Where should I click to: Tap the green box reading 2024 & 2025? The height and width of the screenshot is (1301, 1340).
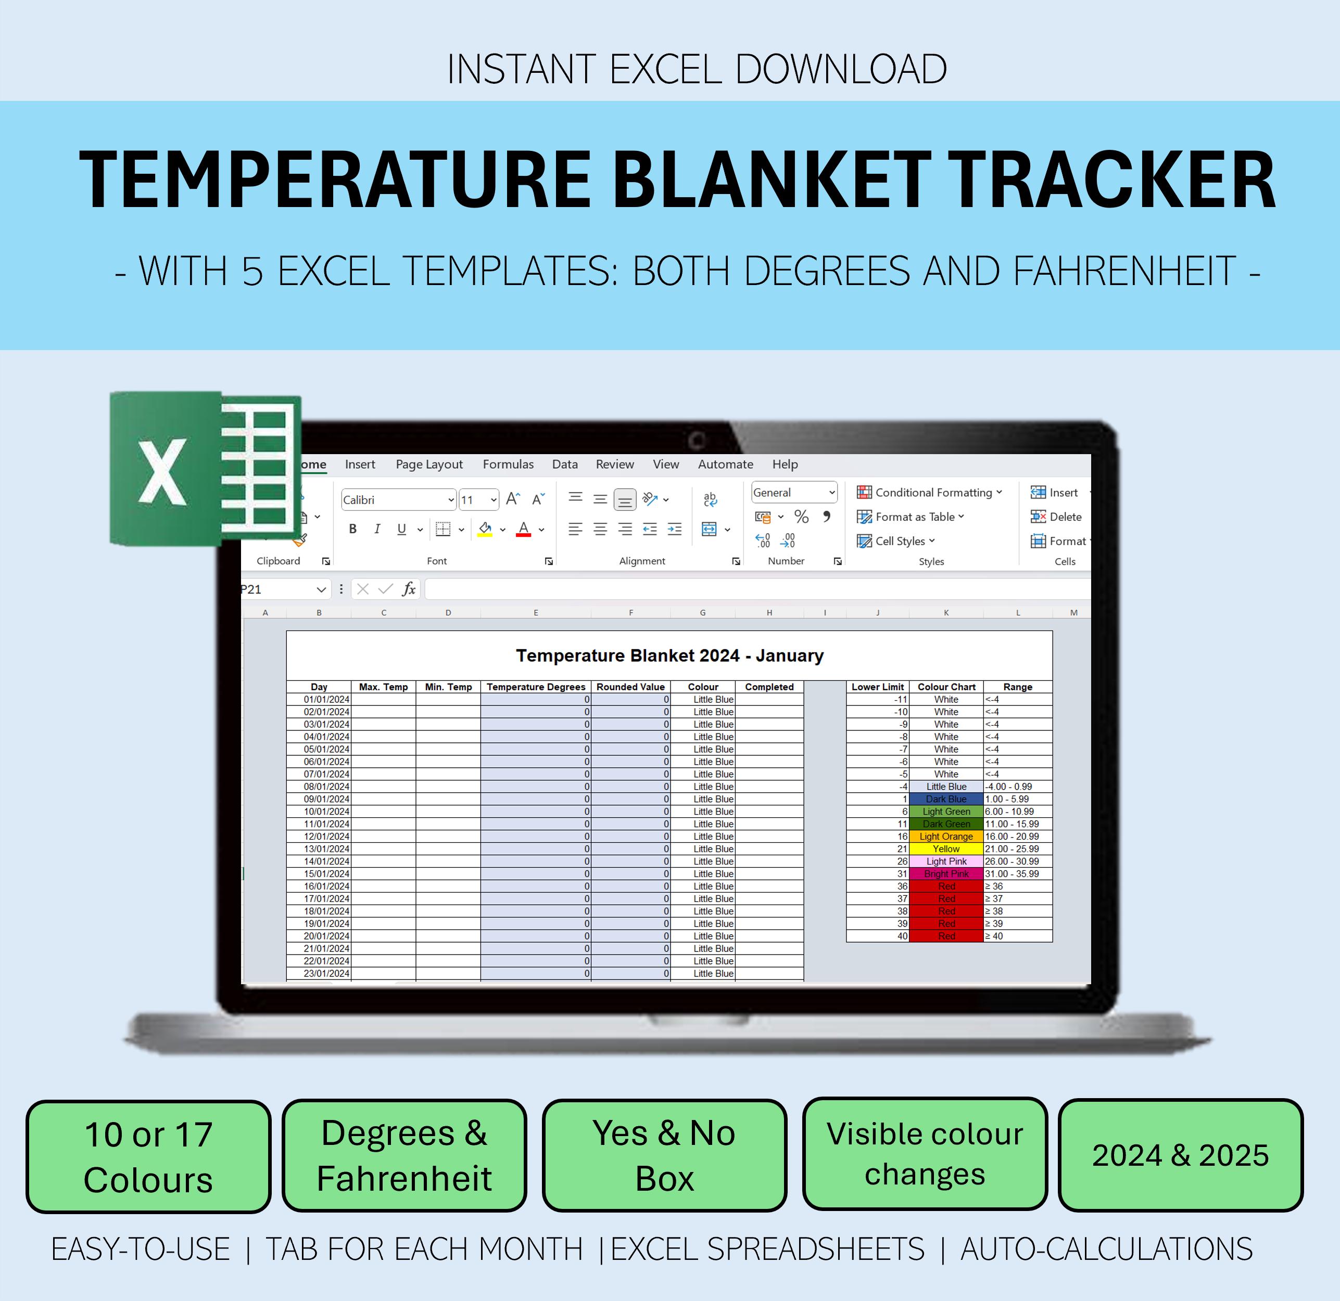coord(1180,1155)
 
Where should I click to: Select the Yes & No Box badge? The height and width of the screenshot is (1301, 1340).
coord(664,1155)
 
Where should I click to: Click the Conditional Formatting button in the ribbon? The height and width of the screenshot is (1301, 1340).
coord(930,493)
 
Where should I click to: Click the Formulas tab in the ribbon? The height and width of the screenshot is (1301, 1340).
coord(508,465)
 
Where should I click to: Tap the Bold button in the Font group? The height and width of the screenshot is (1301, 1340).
coord(353,529)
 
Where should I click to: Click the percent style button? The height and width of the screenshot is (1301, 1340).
coord(801,517)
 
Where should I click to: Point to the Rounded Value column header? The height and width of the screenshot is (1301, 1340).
coord(630,687)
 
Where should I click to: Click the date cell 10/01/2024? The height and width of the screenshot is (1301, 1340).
coord(327,811)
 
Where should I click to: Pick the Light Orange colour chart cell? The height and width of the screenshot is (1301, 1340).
coord(946,836)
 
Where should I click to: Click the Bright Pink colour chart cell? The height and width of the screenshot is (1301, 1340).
coord(946,874)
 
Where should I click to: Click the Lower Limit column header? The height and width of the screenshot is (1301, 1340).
coord(878,687)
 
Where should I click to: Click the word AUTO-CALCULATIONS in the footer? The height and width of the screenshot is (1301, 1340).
coord(1106,1250)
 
